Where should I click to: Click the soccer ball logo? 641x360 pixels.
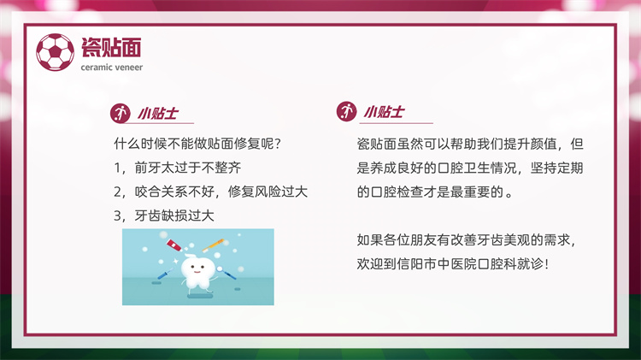pyautogui.click(x=56, y=52)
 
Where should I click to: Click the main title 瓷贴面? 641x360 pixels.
pyautogui.click(x=111, y=47)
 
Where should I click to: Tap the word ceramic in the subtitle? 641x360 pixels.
pyautogui.click(x=94, y=68)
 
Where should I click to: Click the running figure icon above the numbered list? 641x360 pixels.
pyautogui.click(x=121, y=114)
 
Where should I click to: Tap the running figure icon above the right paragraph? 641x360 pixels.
pyautogui.click(x=346, y=112)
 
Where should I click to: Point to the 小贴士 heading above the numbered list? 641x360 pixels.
pyautogui.click(x=158, y=114)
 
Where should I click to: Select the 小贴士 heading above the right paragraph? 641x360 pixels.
pyautogui.click(x=384, y=112)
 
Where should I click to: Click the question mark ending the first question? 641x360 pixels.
pyautogui.click(x=278, y=144)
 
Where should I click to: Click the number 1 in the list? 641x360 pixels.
pyautogui.click(x=117, y=168)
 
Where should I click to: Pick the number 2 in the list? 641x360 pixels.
pyautogui.click(x=117, y=192)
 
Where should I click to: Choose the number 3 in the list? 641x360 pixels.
pyautogui.click(x=117, y=215)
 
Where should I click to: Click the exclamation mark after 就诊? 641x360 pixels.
pyautogui.click(x=547, y=264)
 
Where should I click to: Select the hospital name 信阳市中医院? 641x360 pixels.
pyautogui.click(x=437, y=264)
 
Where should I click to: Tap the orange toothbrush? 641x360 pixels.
pyautogui.click(x=213, y=245)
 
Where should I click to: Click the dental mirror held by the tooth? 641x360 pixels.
pyautogui.click(x=226, y=273)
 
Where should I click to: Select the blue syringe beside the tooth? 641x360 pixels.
pyautogui.click(x=165, y=274)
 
